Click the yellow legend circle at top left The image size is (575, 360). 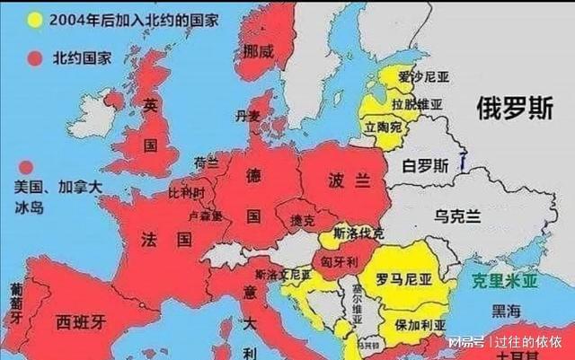pyautogui.click(x=35, y=18)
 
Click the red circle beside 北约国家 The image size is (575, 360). pyautogui.click(x=35, y=58)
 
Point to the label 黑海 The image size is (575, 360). pyautogui.click(x=506, y=310)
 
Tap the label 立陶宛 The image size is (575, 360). pyautogui.click(x=383, y=128)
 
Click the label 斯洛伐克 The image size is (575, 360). pyautogui.click(x=358, y=233)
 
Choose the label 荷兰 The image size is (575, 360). pyautogui.click(x=206, y=162)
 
